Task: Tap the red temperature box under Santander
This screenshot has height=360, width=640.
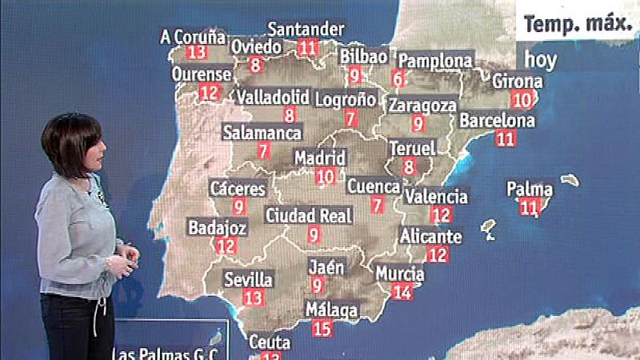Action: (x=307, y=46)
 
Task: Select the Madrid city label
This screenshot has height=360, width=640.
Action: (x=320, y=158)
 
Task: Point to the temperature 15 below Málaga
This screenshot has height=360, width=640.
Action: (x=322, y=326)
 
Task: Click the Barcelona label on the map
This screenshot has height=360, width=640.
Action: (x=497, y=121)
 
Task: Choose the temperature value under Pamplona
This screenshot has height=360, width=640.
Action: (x=398, y=78)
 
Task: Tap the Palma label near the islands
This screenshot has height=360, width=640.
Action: (x=530, y=190)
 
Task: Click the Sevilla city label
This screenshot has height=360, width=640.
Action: (x=249, y=280)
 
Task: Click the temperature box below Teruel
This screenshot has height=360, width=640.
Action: (x=410, y=166)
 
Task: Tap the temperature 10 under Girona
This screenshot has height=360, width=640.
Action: (x=521, y=99)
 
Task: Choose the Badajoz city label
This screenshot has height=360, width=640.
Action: (x=217, y=228)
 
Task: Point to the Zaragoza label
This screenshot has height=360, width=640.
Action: (x=422, y=105)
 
